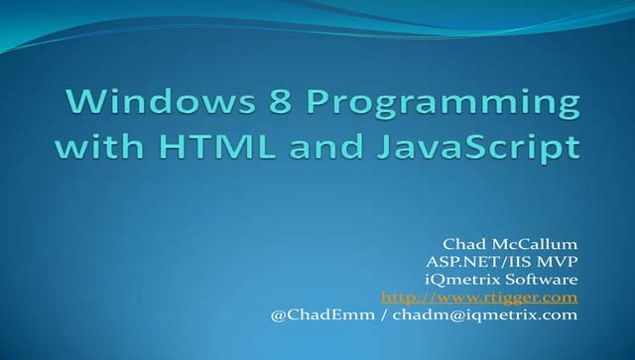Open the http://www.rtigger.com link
point(479,297)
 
